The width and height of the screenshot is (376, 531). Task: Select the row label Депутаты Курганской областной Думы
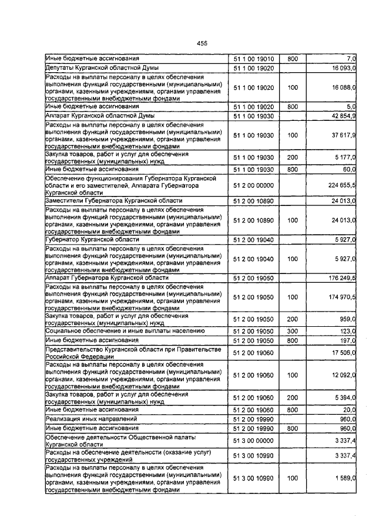click(x=94, y=68)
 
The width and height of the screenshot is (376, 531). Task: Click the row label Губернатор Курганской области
click(x=92, y=239)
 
